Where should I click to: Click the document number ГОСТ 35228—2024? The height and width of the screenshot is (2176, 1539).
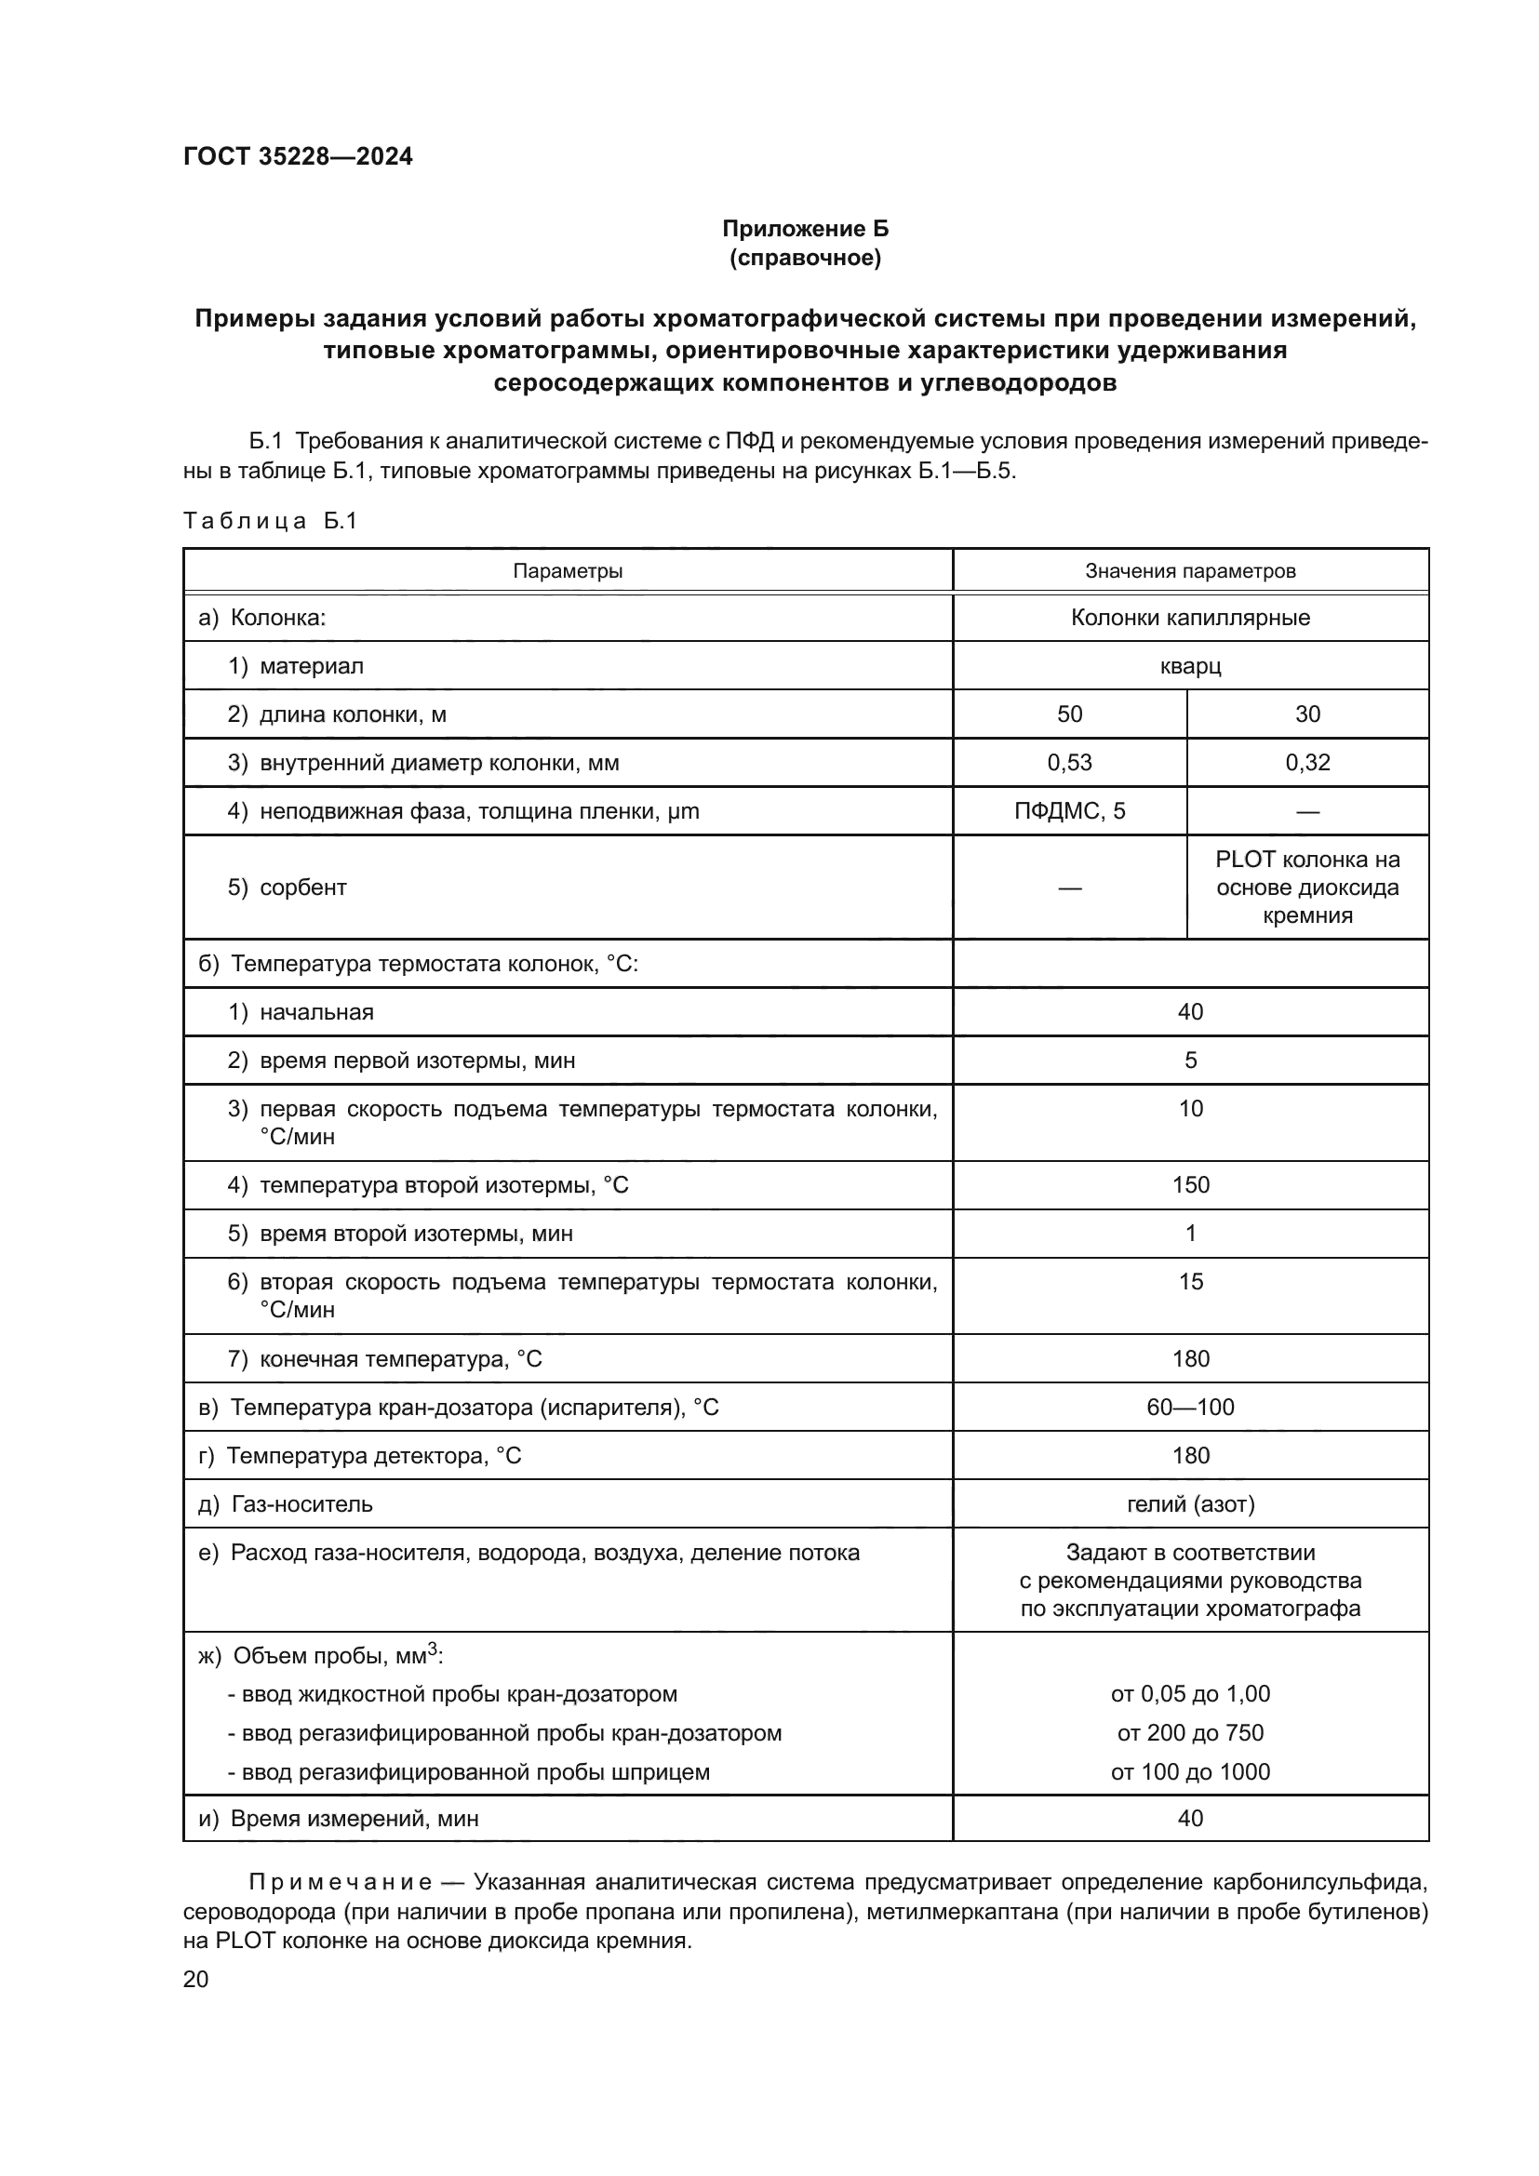(298, 156)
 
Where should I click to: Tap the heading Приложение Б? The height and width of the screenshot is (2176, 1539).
(805, 229)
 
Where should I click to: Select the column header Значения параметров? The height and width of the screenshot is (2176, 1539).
(1189, 570)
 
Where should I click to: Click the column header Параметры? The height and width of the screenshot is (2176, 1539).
(568, 570)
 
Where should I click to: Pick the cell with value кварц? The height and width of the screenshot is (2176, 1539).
(1189, 666)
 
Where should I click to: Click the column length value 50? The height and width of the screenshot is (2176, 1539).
(1069, 714)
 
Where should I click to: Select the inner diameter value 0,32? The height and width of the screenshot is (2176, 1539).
(1306, 763)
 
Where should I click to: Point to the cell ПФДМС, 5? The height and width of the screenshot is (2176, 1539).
(1069, 811)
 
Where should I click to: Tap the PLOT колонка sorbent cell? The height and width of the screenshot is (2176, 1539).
(1306, 888)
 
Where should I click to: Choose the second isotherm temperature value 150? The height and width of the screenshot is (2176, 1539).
(1190, 1184)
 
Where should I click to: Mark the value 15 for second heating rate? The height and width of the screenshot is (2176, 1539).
(1190, 1281)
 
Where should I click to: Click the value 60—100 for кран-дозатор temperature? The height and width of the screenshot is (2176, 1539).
(1190, 1408)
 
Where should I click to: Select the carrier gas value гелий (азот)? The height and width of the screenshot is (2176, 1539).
(1190, 1504)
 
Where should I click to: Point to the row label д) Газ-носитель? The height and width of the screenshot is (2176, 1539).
(286, 1504)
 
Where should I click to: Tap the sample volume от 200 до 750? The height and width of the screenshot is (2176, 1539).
(1190, 1732)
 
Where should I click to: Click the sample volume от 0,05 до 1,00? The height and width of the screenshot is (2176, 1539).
(1190, 1693)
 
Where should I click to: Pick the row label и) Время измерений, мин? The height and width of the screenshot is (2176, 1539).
(339, 1819)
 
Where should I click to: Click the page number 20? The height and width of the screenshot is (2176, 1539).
(195, 1979)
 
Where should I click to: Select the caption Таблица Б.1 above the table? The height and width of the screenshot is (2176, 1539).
(270, 520)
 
